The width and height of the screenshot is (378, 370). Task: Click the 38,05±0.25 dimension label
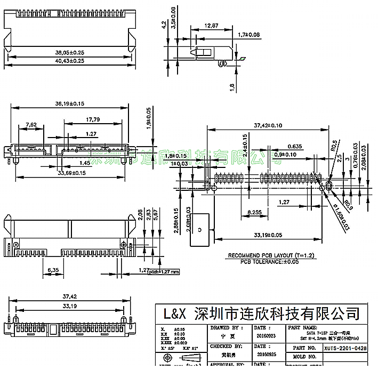[70, 53]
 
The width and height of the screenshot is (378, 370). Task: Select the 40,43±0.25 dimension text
[70, 61]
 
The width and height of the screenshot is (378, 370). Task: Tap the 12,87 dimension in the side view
[212, 25]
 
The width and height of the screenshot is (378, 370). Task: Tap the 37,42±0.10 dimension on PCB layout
[268, 126]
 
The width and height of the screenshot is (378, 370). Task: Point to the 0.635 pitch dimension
[295, 146]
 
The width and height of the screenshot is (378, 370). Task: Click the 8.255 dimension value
[258, 212]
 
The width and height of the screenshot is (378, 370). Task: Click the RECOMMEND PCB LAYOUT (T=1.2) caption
[271, 256]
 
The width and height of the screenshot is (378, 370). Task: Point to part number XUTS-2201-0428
[345, 347]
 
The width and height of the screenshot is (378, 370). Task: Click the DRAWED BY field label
[227, 328]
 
